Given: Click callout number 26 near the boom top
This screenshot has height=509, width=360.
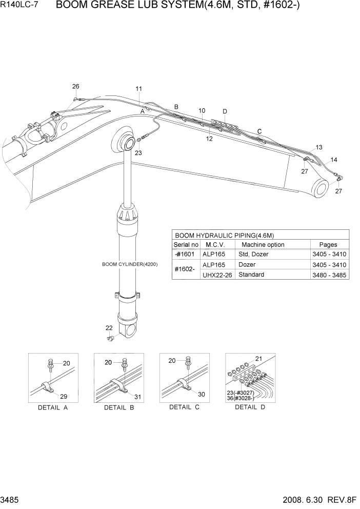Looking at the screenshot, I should click(75, 86).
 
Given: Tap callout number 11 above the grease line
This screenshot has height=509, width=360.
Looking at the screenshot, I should click(138, 89).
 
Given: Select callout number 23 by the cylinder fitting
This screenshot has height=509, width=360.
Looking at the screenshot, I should click(138, 152).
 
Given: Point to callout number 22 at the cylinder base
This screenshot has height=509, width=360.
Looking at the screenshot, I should click(109, 328).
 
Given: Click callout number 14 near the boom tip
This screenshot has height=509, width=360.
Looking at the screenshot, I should click(334, 160).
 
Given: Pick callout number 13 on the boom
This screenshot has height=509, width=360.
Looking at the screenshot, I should click(319, 147).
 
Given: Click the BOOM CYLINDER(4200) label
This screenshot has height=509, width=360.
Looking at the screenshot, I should click(130, 264).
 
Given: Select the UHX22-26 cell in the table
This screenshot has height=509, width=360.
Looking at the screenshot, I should click(217, 275).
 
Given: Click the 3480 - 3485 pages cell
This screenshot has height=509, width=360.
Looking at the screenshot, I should click(329, 275).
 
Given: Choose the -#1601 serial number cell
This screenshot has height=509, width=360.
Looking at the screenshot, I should click(185, 254).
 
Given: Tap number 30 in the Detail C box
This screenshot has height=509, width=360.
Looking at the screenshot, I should click(202, 394).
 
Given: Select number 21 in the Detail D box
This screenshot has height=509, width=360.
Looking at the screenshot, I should click(258, 359).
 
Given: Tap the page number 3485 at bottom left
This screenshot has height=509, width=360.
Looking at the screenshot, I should click(10, 499).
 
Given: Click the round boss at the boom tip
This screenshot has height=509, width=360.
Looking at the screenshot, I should click(322, 188).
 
